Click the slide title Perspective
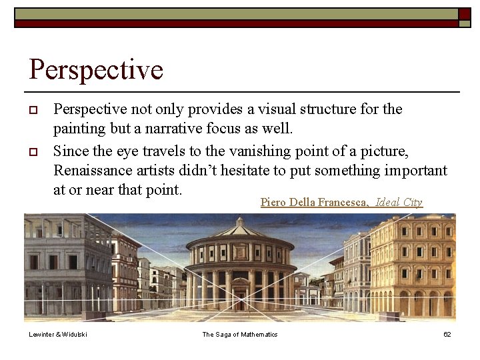point(96,69)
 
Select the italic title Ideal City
point(399,202)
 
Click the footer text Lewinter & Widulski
point(58,334)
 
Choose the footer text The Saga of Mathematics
point(240,334)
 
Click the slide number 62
point(447,334)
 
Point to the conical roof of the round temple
point(240,229)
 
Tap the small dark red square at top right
point(464,14)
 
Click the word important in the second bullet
point(413,170)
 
